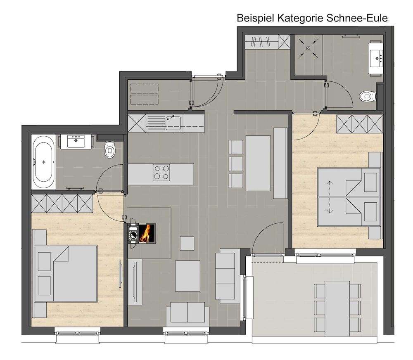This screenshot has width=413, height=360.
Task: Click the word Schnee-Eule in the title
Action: coord(357,18)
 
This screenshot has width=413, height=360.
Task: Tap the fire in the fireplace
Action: coord(145,233)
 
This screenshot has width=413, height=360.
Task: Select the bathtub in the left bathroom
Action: coord(43,162)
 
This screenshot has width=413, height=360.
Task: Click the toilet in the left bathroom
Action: coord(110,149)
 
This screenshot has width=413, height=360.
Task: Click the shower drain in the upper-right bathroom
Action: coord(308,48)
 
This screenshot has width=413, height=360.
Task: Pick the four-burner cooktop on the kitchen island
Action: coord(161,173)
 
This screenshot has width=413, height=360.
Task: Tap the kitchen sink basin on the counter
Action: coord(173,123)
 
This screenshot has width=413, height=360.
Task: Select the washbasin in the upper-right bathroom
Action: coord(376,58)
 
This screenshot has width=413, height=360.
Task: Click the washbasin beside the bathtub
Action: coord(76,142)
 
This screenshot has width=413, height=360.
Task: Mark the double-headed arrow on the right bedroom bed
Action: coord(329,197)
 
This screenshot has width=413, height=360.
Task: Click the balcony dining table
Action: coord(337,308)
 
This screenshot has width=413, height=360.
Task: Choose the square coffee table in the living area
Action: coord(188,276)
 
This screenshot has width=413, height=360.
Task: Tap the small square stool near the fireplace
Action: coord(187,243)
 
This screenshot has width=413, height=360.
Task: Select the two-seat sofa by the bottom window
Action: coord(188,313)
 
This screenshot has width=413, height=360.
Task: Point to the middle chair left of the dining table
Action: coord(236,164)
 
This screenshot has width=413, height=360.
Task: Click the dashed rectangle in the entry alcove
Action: coord(144,94)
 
